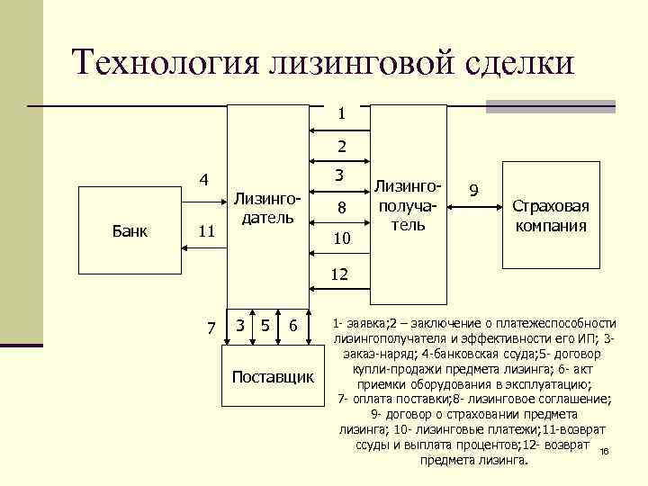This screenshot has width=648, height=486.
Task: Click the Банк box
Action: tap(131, 230)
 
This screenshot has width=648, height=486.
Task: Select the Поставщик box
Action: tap(273, 375)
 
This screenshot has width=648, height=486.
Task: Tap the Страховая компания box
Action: tap(551, 215)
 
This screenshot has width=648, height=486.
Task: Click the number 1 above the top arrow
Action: tap(342, 114)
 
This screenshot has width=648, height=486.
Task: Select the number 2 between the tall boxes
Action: tap(342, 145)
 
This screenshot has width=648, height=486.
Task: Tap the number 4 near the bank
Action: tap(204, 179)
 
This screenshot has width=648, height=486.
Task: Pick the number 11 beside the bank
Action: tap(206, 231)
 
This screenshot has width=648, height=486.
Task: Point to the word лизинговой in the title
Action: tap(348, 62)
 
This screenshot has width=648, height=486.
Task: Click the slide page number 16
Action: tap(604, 452)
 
